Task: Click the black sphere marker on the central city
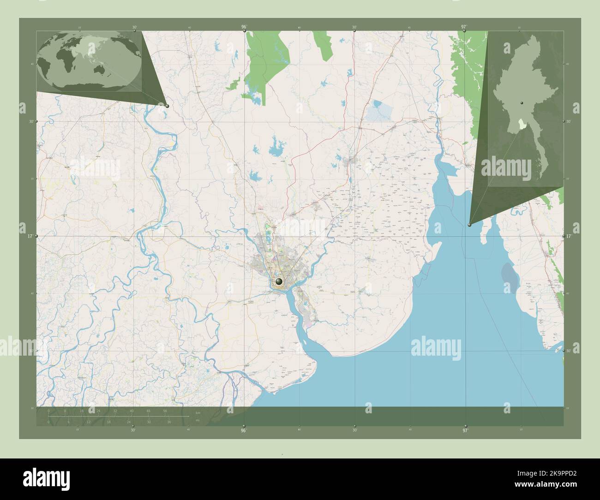(279, 281)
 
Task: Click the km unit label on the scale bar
(198, 412)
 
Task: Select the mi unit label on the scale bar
(198, 421)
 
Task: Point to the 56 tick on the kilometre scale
(165, 411)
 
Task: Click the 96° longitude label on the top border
(244, 27)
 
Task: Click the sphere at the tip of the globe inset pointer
(167, 106)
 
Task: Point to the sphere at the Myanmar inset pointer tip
(469, 225)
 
